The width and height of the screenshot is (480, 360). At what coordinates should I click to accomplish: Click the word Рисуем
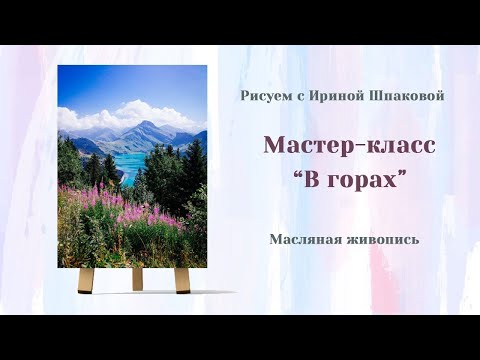coord(263,95)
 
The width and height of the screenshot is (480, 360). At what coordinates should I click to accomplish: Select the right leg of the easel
coord(181,279)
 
